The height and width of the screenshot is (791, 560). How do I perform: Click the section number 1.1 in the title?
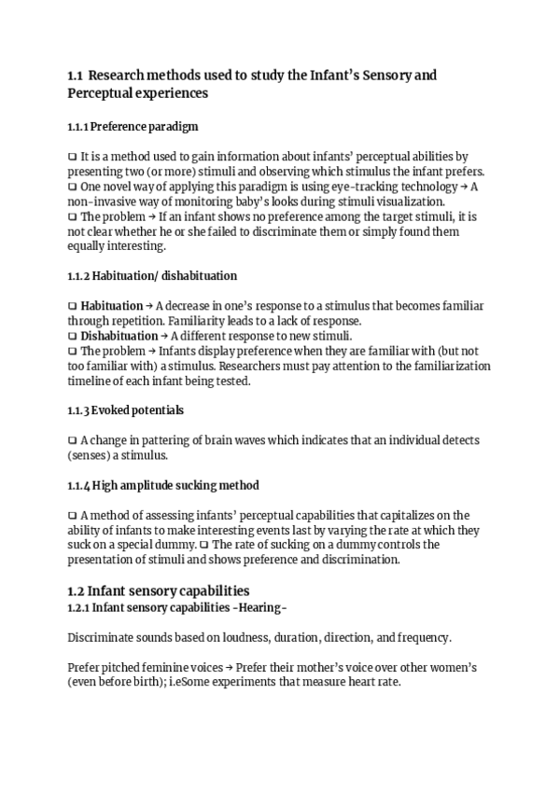77,75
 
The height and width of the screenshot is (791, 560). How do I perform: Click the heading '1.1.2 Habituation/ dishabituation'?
152,276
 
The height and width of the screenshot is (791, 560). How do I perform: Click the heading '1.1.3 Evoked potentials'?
125,410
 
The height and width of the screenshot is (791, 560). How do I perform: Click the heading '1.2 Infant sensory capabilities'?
158,590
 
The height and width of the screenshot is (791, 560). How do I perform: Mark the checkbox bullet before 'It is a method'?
73,157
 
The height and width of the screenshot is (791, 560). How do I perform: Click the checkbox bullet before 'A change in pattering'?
73,440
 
